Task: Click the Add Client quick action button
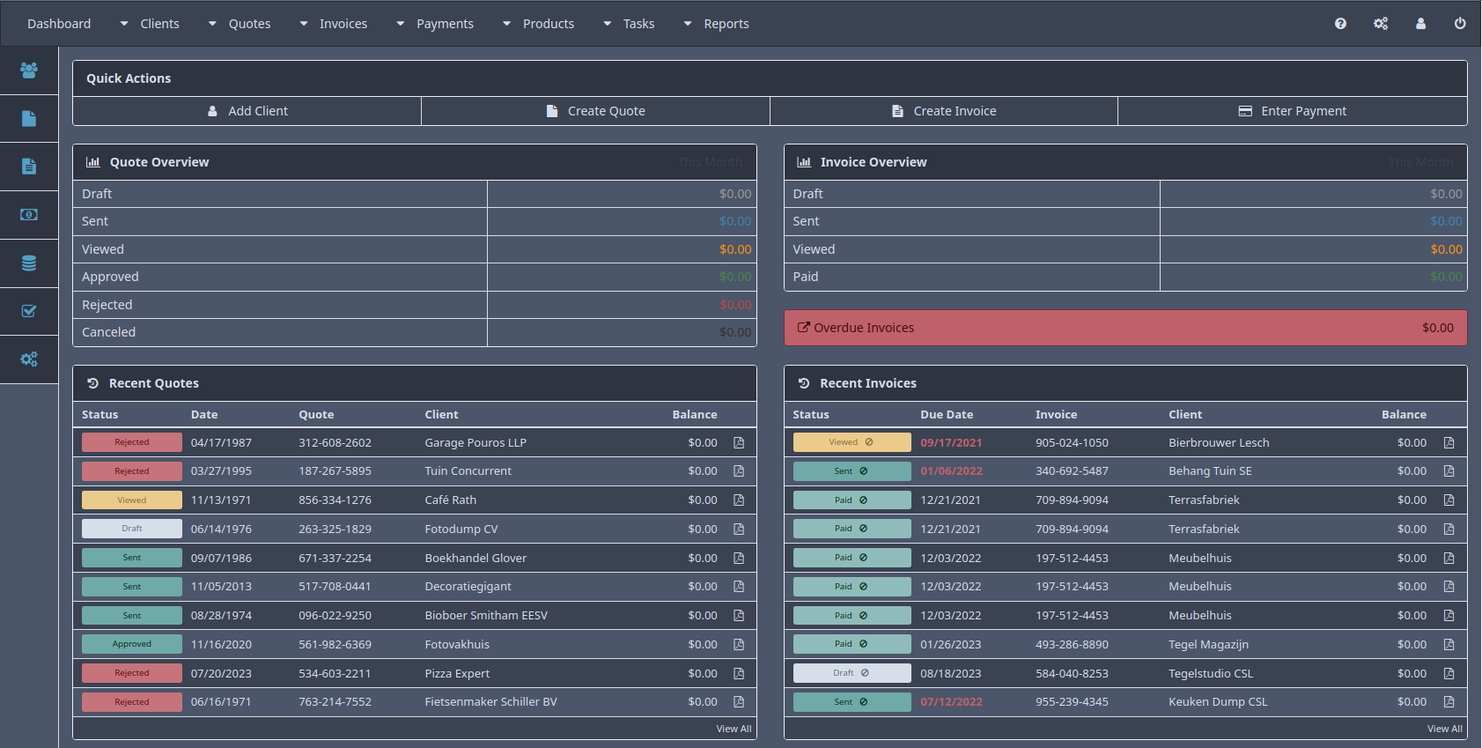(x=247, y=111)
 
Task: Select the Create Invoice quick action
(x=944, y=111)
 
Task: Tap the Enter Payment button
(x=1293, y=111)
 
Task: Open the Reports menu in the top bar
(x=726, y=24)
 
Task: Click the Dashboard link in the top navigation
(x=59, y=24)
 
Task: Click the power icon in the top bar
(x=1460, y=24)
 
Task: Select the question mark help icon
(x=1340, y=24)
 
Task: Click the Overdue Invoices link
(x=863, y=328)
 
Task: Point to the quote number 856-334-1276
(x=335, y=500)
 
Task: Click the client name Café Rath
(x=450, y=500)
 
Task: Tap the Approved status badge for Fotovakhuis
(x=132, y=644)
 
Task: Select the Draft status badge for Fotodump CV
(x=132, y=529)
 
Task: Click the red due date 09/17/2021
(x=951, y=443)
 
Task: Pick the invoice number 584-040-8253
(x=1072, y=674)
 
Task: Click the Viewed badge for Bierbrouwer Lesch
(x=852, y=442)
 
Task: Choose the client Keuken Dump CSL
(x=1218, y=702)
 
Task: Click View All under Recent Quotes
(x=734, y=729)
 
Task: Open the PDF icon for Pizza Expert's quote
(x=739, y=674)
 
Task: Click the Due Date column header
(x=947, y=415)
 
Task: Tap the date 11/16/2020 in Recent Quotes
(x=221, y=645)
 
